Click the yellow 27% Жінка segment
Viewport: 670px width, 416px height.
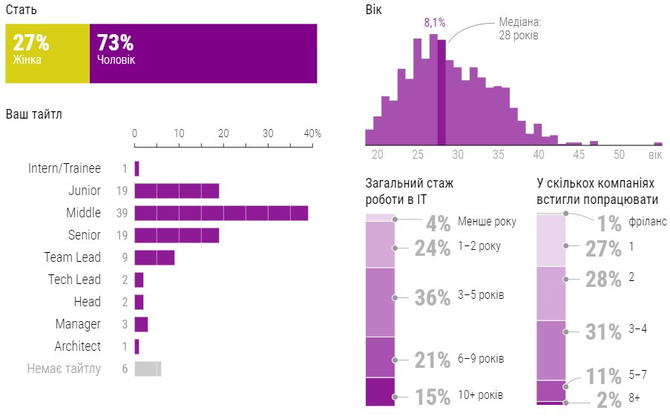coord(47,53)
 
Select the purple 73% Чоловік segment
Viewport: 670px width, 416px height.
coord(203,53)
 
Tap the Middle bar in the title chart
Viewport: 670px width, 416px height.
coord(221,214)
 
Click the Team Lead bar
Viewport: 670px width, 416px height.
coord(154,258)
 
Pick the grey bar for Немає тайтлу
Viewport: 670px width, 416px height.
coord(147,369)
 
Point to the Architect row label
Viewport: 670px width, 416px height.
coord(78,346)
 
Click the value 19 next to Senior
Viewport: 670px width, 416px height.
coord(122,236)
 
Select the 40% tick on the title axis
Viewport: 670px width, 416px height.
coord(313,133)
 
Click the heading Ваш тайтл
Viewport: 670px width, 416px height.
coord(34,114)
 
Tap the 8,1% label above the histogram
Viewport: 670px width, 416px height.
coord(435,23)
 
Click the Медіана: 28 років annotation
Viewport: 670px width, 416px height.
coord(519,29)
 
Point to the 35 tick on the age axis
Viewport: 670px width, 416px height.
coord(498,155)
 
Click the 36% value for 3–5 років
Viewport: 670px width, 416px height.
coord(433,297)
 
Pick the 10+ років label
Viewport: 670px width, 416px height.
coord(480,395)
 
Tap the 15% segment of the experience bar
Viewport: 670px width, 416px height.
coord(380,392)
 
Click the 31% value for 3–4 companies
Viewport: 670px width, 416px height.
coord(603,331)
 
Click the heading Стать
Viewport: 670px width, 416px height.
coord(22,10)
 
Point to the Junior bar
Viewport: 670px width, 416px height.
coord(177,191)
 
